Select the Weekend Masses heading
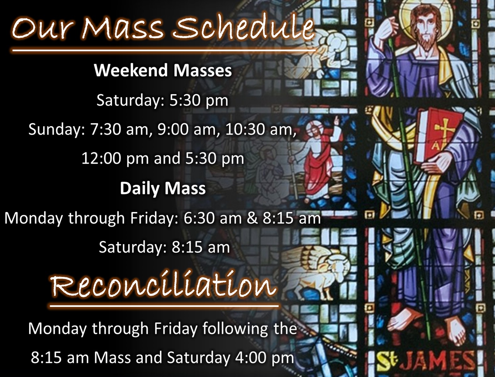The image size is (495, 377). [163, 70]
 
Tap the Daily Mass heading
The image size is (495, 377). [163, 188]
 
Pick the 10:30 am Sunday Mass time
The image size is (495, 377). [260, 129]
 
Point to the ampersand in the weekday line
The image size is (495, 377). [252, 218]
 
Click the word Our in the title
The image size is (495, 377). [41, 28]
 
